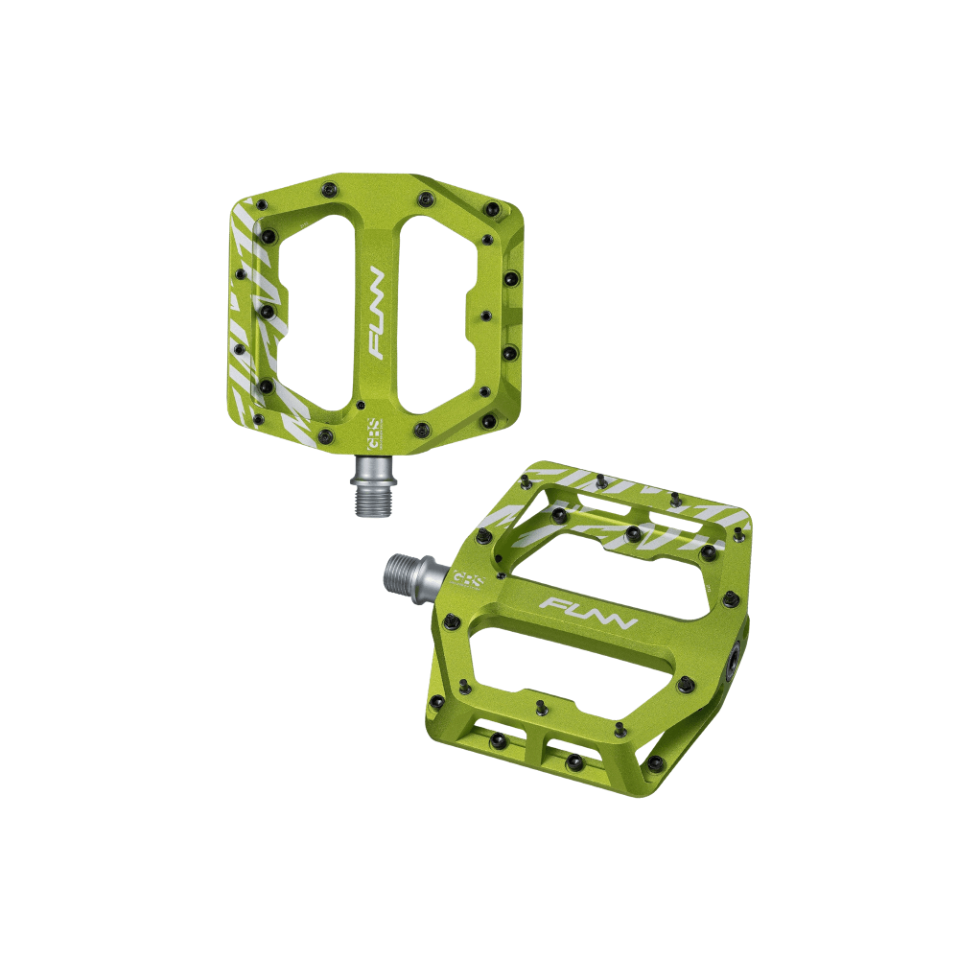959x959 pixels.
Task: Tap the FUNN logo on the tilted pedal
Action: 588,615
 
